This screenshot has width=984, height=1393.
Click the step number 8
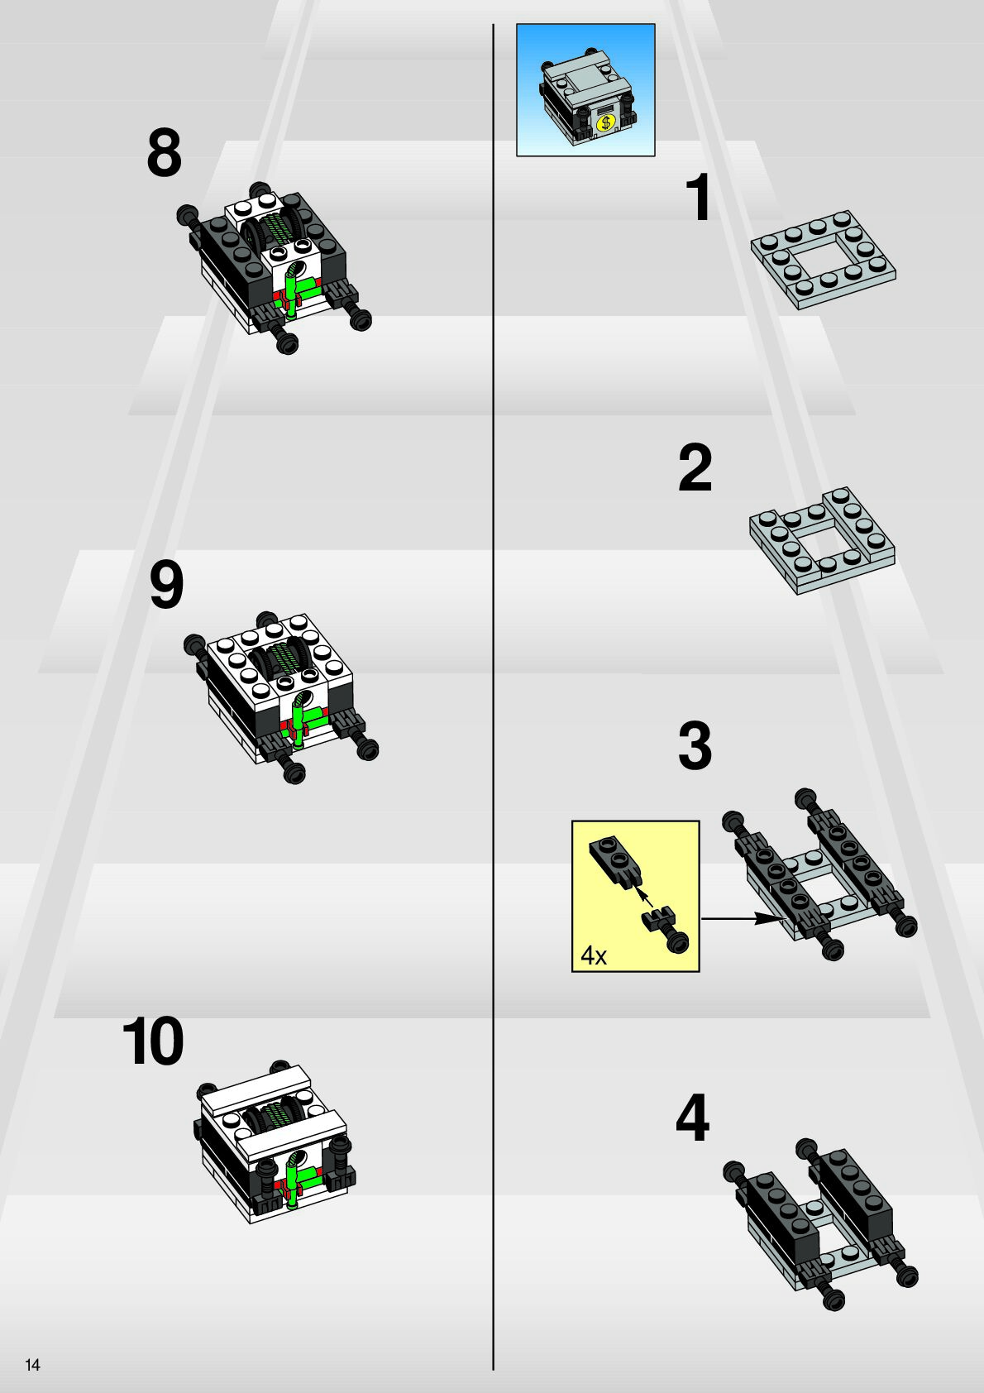(x=165, y=153)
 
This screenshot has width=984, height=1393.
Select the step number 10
(x=153, y=1041)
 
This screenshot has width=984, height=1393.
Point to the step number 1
(x=700, y=197)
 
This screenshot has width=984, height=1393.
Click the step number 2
(x=695, y=467)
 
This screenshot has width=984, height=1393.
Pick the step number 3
(x=695, y=745)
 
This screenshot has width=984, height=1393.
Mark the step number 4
(x=692, y=1118)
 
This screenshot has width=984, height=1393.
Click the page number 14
(x=32, y=1364)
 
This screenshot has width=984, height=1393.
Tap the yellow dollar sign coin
(x=604, y=122)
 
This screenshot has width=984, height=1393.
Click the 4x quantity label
(x=594, y=955)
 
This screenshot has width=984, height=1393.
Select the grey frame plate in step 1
(x=823, y=259)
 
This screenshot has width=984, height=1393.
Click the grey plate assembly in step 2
(x=822, y=540)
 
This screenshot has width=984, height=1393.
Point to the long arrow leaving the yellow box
(x=742, y=918)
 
